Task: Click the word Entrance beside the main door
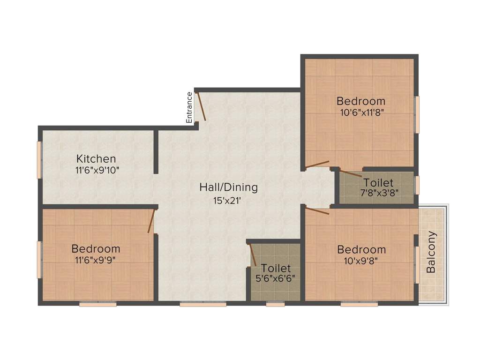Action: [x=189, y=107]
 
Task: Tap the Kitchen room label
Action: [x=96, y=158]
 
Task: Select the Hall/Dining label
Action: [x=229, y=187]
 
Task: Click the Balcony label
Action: [x=431, y=252]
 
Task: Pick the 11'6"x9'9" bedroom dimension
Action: [x=96, y=260]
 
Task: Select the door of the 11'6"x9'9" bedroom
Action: [x=151, y=221]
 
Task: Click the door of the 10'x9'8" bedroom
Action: [x=317, y=210]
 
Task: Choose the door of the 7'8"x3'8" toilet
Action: [x=351, y=173]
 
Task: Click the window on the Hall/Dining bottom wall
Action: [x=203, y=304]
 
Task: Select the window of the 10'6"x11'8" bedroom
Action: [x=416, y=114]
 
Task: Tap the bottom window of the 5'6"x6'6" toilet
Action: [x=276, y=304]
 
